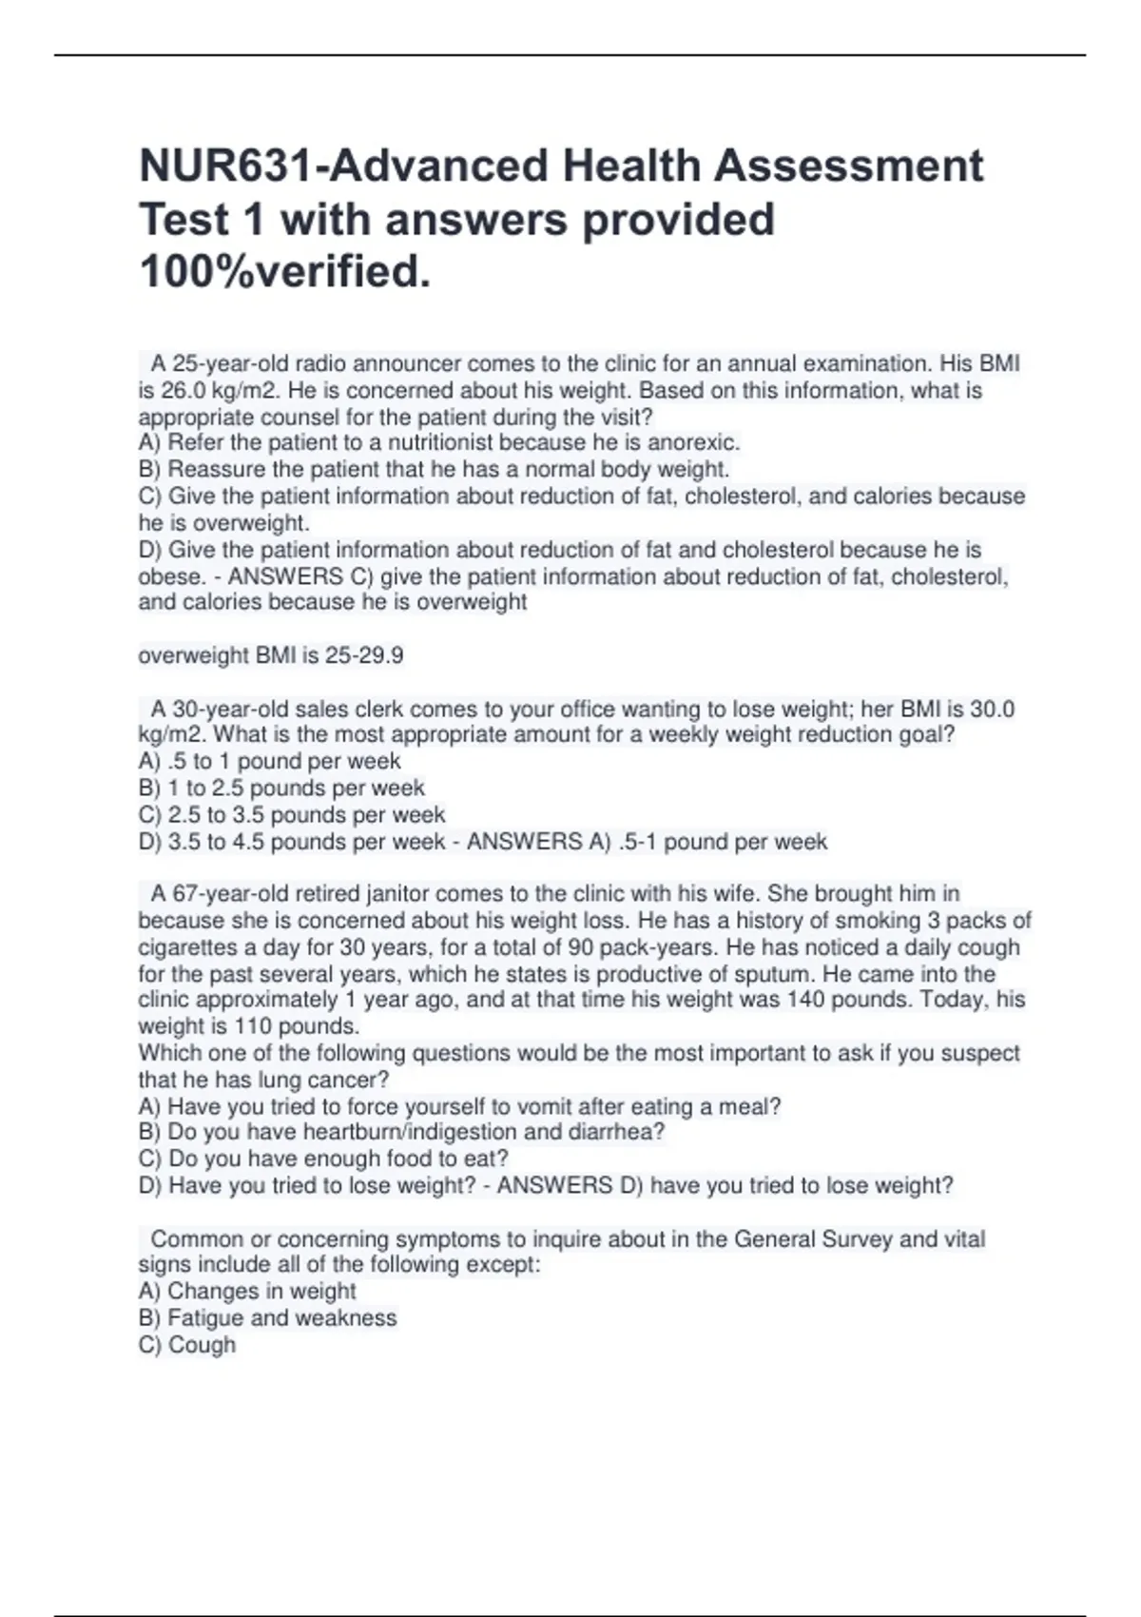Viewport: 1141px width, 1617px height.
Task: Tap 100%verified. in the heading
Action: point(284,272)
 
